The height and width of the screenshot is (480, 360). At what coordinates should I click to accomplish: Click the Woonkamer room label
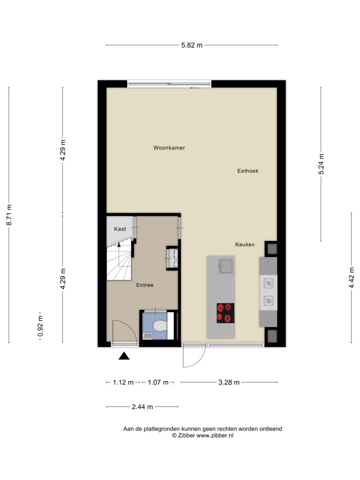tap(169, 148)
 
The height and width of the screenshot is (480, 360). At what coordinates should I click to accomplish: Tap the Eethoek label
tap(247, 171)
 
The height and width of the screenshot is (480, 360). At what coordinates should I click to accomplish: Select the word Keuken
tap(245, 244)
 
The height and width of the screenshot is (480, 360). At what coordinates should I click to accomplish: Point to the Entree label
tap(145, 285)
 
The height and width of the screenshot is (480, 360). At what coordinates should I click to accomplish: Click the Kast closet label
tap(120, 229)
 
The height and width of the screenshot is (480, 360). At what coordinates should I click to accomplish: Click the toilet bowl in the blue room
tap(160, 326)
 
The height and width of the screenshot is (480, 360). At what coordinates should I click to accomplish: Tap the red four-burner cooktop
tap(225, 313)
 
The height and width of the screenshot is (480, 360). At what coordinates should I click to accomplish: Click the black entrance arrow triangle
tap(124, 356)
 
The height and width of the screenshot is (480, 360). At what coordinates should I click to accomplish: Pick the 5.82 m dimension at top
tap(192, 45)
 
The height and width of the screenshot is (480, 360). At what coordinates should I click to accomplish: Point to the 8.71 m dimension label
tap(9, 215)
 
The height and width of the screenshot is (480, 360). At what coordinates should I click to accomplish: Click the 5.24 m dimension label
tap(321, 164)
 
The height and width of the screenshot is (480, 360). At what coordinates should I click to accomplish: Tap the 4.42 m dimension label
tap(352, 277)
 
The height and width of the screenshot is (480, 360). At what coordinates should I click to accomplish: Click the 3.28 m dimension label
tap(229, 382)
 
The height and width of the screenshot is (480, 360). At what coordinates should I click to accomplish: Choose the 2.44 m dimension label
tap(142, 407)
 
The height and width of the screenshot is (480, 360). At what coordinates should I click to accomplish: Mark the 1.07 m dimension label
tap(158, 382)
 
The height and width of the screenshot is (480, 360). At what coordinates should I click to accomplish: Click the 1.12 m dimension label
tap(123, 382)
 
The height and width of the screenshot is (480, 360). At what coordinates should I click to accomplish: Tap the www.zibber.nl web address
tap(215, 435)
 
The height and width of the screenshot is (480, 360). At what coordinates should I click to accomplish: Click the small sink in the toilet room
tap(148, 336)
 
